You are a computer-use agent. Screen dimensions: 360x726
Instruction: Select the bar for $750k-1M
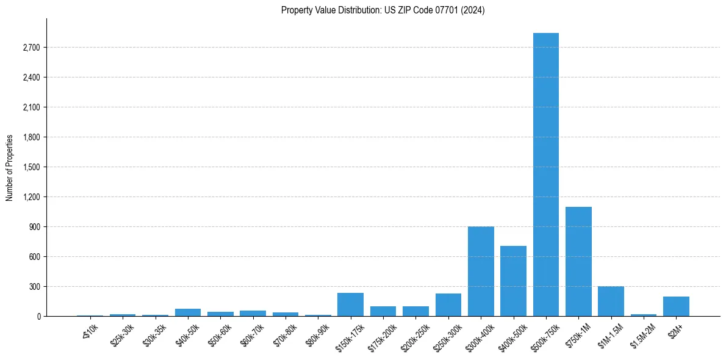[x=578, y=262]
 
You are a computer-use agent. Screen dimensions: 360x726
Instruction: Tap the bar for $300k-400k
[x=481, y=272]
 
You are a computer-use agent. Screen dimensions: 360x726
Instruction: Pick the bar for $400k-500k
[x=513, y=281]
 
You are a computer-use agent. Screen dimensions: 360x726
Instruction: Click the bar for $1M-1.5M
[x=611, y=301]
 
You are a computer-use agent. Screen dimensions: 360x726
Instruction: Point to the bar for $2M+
[x=676, y=306]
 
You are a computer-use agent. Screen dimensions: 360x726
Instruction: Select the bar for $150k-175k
[x=350, y=304]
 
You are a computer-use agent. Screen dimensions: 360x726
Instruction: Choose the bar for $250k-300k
[x=448, y=305]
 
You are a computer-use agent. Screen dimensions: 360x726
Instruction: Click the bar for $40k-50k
[x=188, y=312]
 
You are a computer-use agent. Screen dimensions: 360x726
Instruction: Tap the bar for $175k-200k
[x=383, y=311]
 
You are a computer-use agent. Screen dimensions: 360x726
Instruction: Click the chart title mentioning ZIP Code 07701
[x=383, y=10]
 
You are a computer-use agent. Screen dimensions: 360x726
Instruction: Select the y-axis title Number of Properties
[x=10, y=168]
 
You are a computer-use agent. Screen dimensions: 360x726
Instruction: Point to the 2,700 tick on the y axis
[x=30, y=48]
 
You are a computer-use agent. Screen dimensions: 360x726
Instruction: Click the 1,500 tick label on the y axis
[x=30, y=167]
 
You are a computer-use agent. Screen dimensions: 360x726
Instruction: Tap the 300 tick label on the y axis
[x=33, y=287]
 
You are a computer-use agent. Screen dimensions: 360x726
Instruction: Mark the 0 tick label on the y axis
[x=38, y=317]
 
